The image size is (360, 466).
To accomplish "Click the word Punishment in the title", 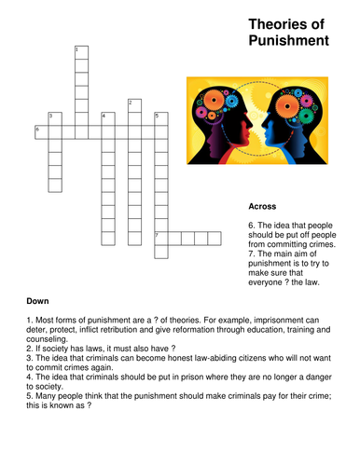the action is click(290, 42).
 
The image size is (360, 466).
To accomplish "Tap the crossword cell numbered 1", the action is click(81, 52).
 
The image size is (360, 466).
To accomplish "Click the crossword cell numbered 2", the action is click(134, 105).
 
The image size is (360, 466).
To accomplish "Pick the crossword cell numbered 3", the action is click(54, 119).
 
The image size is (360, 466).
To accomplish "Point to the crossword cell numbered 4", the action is click(107, 119).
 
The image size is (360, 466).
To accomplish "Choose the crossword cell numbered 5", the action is click(160, 119).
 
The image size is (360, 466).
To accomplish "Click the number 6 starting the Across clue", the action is click(251, 226).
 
